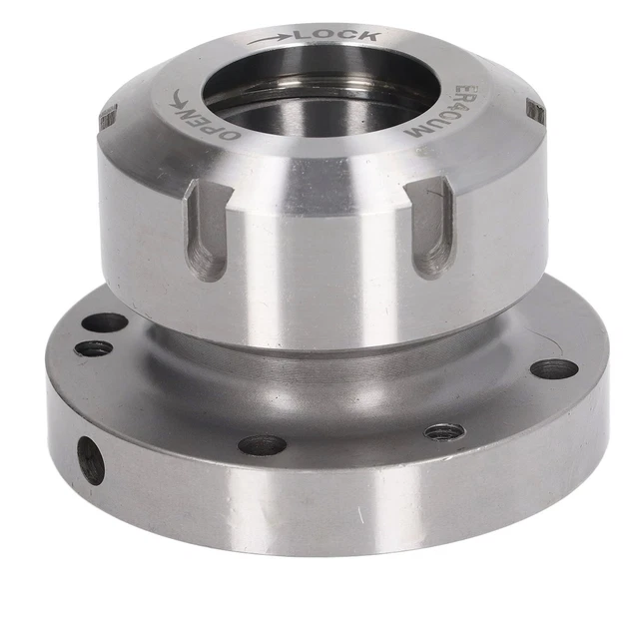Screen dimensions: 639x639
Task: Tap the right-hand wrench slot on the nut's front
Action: click(x=432, y=228)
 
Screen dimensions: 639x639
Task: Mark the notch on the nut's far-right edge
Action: click(x=535, y=113)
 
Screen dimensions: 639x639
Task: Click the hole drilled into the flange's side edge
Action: click(x=91, y=460)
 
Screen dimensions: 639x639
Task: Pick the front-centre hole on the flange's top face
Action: click(x=263, y=444)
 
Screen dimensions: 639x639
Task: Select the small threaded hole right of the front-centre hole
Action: click(x=444, y=432)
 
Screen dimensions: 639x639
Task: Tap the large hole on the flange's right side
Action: click(x=554, y=369)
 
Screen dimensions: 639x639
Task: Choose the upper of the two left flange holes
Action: click(x=106, y=323)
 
